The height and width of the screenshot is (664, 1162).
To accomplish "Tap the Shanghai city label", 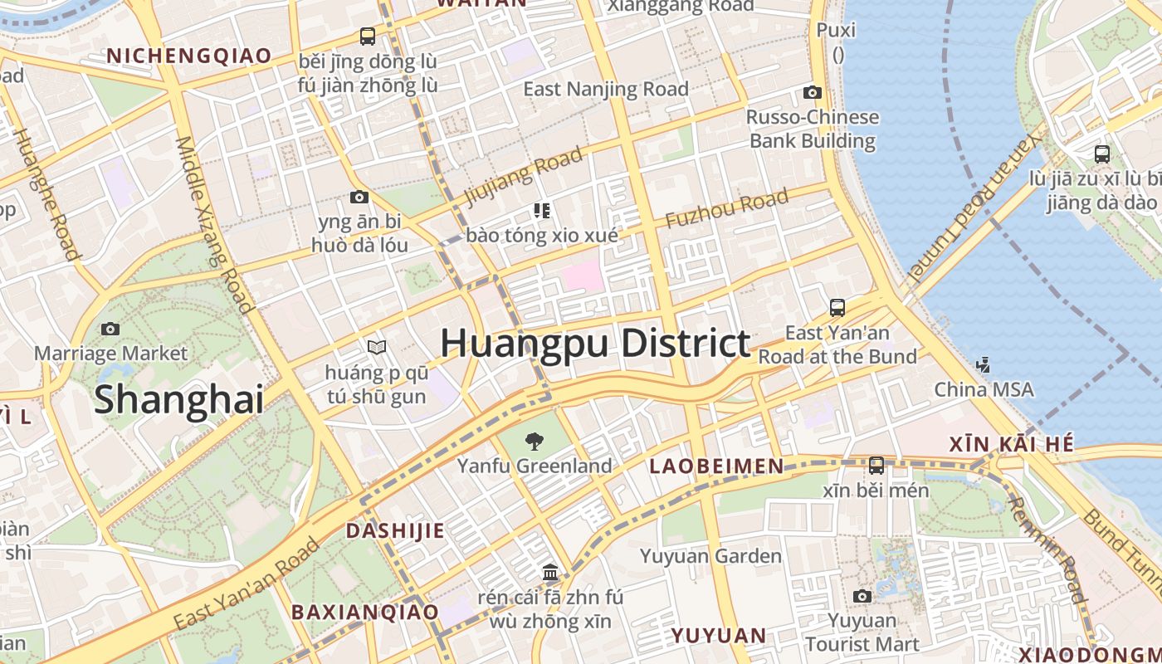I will (x=178, y=399).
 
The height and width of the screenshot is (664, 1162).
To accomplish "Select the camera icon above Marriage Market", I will (x=110, y=329).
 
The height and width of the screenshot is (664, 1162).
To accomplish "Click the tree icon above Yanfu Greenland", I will (x=535, y=442).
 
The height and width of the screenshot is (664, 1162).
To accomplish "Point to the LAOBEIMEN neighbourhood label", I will (x=716, y=466).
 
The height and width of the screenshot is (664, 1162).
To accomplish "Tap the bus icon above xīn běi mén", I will (x=876, y=465).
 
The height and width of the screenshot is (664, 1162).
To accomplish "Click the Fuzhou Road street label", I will (x=727, y=209).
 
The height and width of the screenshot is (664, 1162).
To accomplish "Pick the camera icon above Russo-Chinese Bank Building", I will (x=812, y=92).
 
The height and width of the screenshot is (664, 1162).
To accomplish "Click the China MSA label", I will (x=984, y=389).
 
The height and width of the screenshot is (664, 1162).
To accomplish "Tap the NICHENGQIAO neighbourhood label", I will (x=189, y=56).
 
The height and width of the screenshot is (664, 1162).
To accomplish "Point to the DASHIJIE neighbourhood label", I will (x=395, y=530).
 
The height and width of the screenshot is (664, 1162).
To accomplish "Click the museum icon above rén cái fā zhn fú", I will (x=549, y=572).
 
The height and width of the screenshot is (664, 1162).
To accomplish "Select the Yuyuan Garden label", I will (x=710, y=556).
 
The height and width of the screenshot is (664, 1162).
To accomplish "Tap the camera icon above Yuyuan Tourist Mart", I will (x=862, y=596).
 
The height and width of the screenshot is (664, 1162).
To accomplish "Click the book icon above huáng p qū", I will (x=377, y=346).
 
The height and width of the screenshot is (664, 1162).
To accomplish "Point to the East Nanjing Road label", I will (x=606, y=89).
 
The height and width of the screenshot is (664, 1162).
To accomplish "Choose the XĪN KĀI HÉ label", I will (x=1012, y=444).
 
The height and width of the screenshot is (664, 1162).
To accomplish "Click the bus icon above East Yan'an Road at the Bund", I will (x=837, y=308).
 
